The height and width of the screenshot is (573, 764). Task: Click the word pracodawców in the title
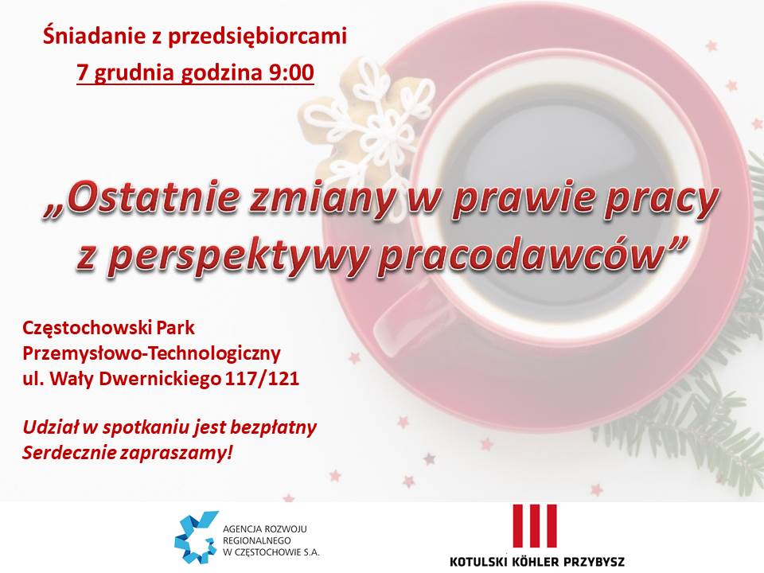point(520,254)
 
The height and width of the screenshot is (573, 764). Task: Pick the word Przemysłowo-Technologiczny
point(151,353)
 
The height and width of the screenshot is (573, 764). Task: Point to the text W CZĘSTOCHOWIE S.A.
point(271,552)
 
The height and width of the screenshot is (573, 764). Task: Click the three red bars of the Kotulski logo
point(535,526)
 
